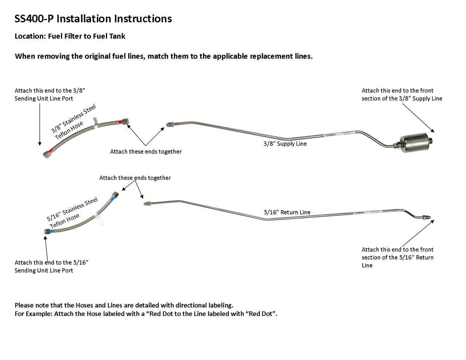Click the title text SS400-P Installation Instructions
pyautogui.click(x=93, y=19)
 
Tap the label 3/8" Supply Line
pyautogui.click(x=285, y=144)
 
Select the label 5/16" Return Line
pyautogui.click(x=287, y=212)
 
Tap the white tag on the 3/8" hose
pyautogui.click(x=95, y=122)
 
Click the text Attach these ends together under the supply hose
pyautogui.click(x=146, y=151)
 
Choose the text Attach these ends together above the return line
pyautogui.click(x=135, y=178)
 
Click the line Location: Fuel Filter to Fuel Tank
pyautogui.click(x=70, y=36)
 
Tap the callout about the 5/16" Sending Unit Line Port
pyautogui.click(x=52, y=266)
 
